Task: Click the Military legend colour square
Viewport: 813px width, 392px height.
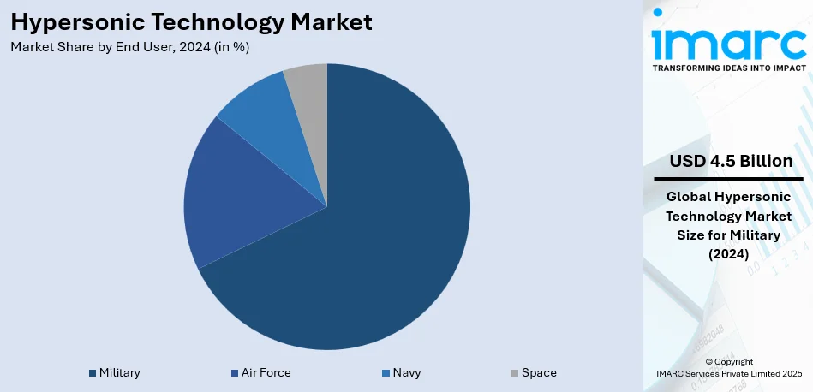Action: click(x=92, y=373)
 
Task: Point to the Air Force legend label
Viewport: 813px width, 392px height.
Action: click(x=266, y=373)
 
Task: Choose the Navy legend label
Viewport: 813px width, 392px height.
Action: click(x=406, y=373)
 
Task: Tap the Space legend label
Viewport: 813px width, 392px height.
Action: click(x=539, y=373)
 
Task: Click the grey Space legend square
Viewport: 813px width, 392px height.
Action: click(x=515, y=373)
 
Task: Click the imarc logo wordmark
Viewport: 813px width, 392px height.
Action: click(x=728, y=40)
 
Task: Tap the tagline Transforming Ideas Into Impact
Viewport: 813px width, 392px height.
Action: click(x=729, y=67)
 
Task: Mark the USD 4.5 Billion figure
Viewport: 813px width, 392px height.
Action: click(x=731, y=161)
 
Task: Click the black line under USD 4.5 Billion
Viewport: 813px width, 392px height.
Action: click(x=728, y=179)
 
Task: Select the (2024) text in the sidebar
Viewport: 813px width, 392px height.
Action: click(x=729, y=253)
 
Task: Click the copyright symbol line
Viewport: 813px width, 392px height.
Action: click(x=729, y=362)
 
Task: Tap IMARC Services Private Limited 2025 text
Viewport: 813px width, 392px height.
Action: click(x=729, y=374)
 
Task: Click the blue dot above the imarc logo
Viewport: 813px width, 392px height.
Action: click(x=658, y=12)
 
